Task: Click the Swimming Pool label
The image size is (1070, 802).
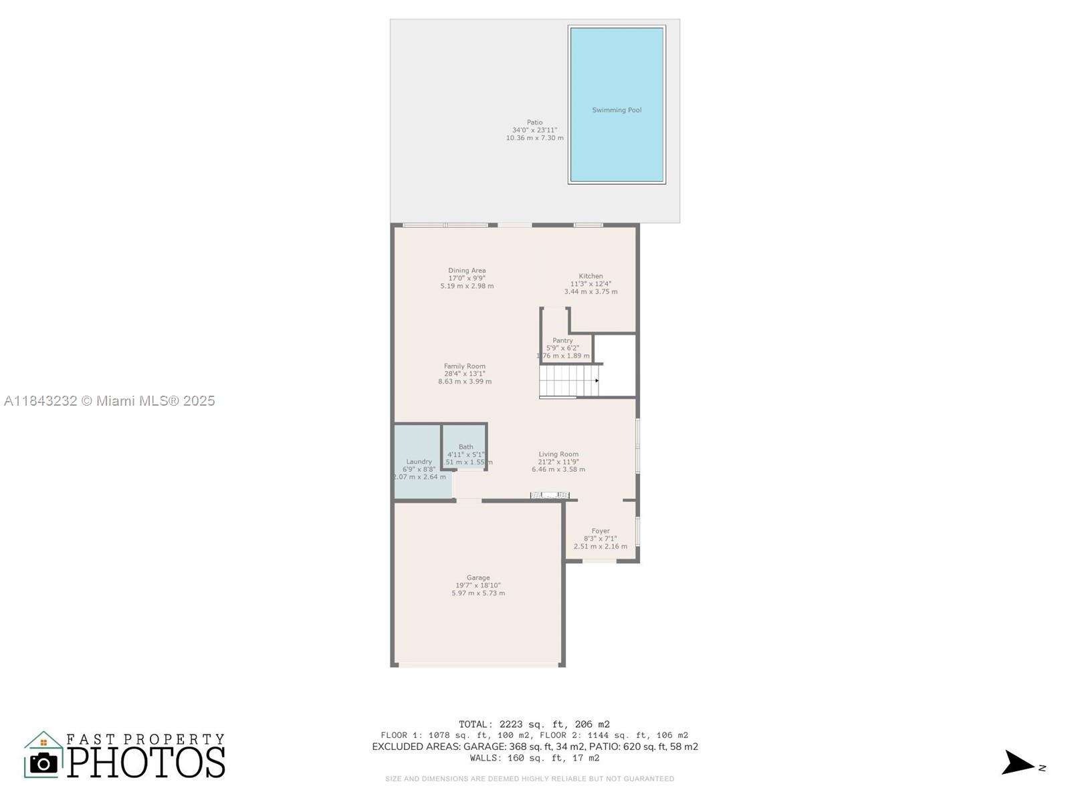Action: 617,110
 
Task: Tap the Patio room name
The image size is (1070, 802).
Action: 534,122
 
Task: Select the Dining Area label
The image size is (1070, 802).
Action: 467,271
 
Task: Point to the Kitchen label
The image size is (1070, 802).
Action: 591,276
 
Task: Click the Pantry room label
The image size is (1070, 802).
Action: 562,341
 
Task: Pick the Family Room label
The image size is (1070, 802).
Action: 465,366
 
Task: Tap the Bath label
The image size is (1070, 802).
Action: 466,447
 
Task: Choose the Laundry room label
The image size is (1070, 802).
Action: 419,462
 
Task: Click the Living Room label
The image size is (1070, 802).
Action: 558,454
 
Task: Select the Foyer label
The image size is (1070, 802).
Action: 601,531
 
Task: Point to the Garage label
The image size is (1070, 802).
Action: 478,578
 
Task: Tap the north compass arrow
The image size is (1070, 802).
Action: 1018,763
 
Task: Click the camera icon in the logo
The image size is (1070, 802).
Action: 44,763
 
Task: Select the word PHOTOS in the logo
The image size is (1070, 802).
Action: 146,763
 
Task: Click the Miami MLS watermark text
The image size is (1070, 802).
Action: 110,401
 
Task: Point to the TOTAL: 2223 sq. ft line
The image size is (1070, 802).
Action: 534,724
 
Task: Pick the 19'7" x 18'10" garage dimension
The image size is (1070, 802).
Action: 478,585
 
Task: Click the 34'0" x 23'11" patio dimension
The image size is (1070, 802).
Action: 534,130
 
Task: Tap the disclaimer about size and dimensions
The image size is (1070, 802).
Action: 530,779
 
